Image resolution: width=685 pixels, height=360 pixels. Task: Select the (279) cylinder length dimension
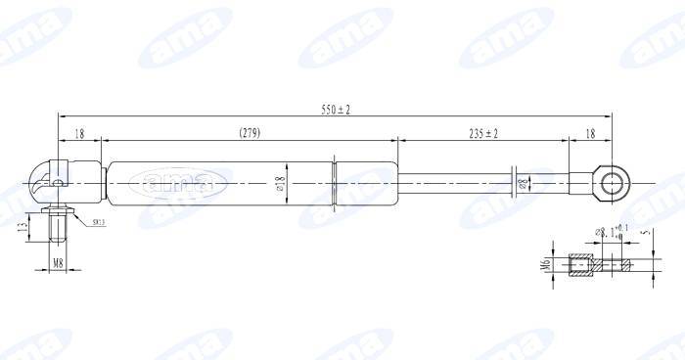[250, 133]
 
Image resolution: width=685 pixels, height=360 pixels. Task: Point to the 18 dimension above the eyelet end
[590, 133]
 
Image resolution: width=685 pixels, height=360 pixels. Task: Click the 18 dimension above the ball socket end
[79, 133]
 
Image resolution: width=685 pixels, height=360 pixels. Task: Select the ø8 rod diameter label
[522, 184]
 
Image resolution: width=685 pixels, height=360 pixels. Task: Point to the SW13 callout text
[99, 223]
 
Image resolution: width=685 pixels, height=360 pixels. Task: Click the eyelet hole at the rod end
[614, 182]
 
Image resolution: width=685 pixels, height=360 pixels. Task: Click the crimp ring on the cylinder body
[336, 182]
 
